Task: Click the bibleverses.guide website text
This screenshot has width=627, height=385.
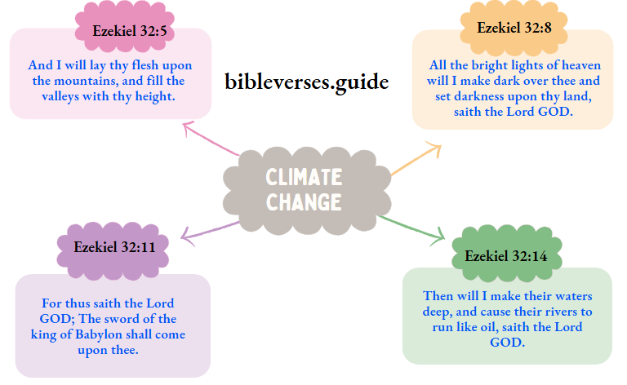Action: click(x=306, y=81)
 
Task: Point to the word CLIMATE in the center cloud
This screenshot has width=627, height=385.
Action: click(x=303, y=177)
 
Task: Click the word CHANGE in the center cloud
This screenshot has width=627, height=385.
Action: click(x=303, y=201)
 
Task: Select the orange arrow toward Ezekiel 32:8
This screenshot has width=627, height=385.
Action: click(x=416, y=160)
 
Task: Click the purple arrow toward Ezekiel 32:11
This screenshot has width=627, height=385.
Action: click(x=208, y=231)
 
